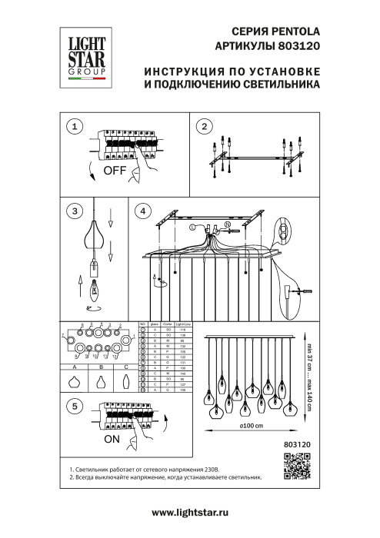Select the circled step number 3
74,210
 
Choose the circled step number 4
142,210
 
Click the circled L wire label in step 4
192,227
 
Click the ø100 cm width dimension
250,427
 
